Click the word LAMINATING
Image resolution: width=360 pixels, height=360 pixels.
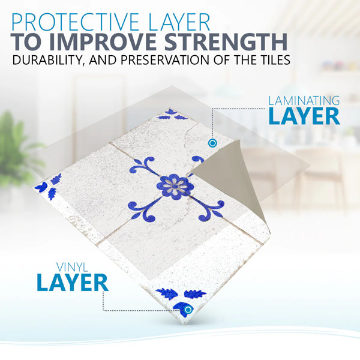pos(304,101)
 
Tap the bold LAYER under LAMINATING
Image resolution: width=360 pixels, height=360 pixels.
pos(304,116)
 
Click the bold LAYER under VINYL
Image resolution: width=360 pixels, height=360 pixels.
pos(73,283)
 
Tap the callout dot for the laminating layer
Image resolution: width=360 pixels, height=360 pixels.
pos(212,143)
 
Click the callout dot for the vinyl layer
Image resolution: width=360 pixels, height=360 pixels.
pos(188,310)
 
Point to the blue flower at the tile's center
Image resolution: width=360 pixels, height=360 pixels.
pos(175,185)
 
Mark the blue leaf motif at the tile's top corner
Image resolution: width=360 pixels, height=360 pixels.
pos(172,115)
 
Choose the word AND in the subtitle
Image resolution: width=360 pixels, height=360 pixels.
pos(103,60)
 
